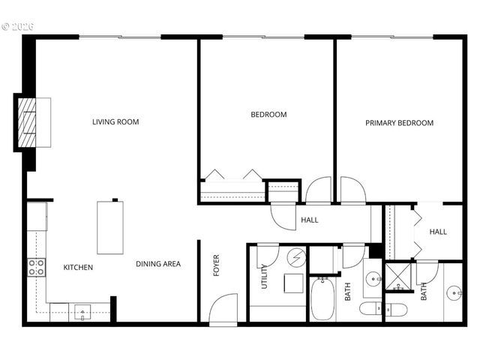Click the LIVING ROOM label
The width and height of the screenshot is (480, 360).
pos(115,121)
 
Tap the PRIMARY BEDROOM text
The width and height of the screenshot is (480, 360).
pos(399,123)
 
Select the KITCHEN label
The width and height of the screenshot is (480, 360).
pos(78,267)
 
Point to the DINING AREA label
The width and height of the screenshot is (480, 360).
pos(158,264)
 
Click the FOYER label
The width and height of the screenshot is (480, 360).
pos(217,265)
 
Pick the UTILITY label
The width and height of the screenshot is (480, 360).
pos(265,277)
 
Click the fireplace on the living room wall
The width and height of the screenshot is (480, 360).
pos(35,121)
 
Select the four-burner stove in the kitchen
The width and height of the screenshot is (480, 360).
pos(37,267)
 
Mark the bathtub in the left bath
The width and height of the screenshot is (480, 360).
pos(323,298)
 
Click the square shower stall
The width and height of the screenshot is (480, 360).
pos(397,277)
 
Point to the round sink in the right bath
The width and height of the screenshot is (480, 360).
pos(454,292)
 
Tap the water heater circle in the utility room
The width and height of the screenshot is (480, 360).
pos(297,258)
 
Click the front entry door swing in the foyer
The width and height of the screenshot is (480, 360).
pos(223,308)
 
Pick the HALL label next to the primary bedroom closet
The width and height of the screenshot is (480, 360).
pos(438,232)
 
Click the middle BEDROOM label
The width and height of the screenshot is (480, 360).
pos(268,115)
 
